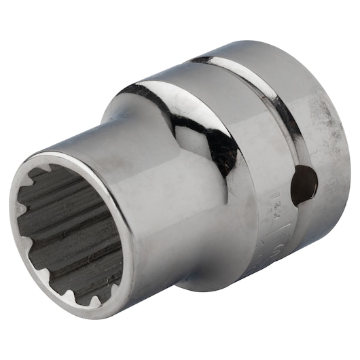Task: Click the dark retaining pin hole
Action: (x=303, y=185)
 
